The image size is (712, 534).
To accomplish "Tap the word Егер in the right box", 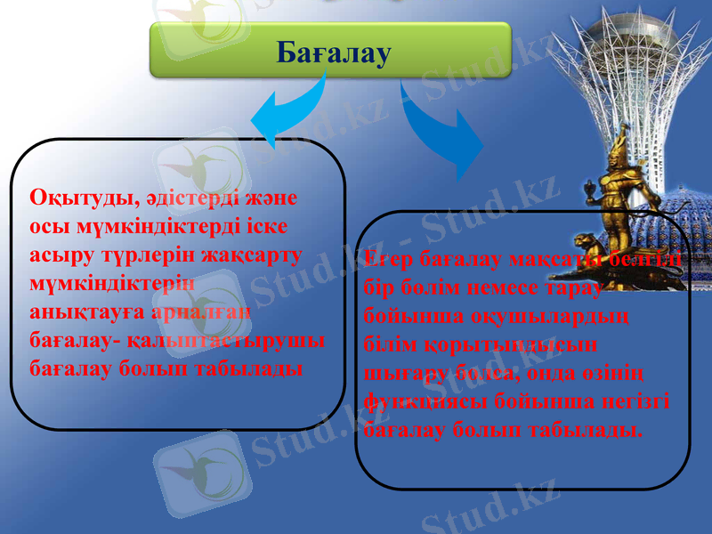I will (x=389, y=259).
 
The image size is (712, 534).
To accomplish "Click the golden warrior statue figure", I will (x=623, y=187).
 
